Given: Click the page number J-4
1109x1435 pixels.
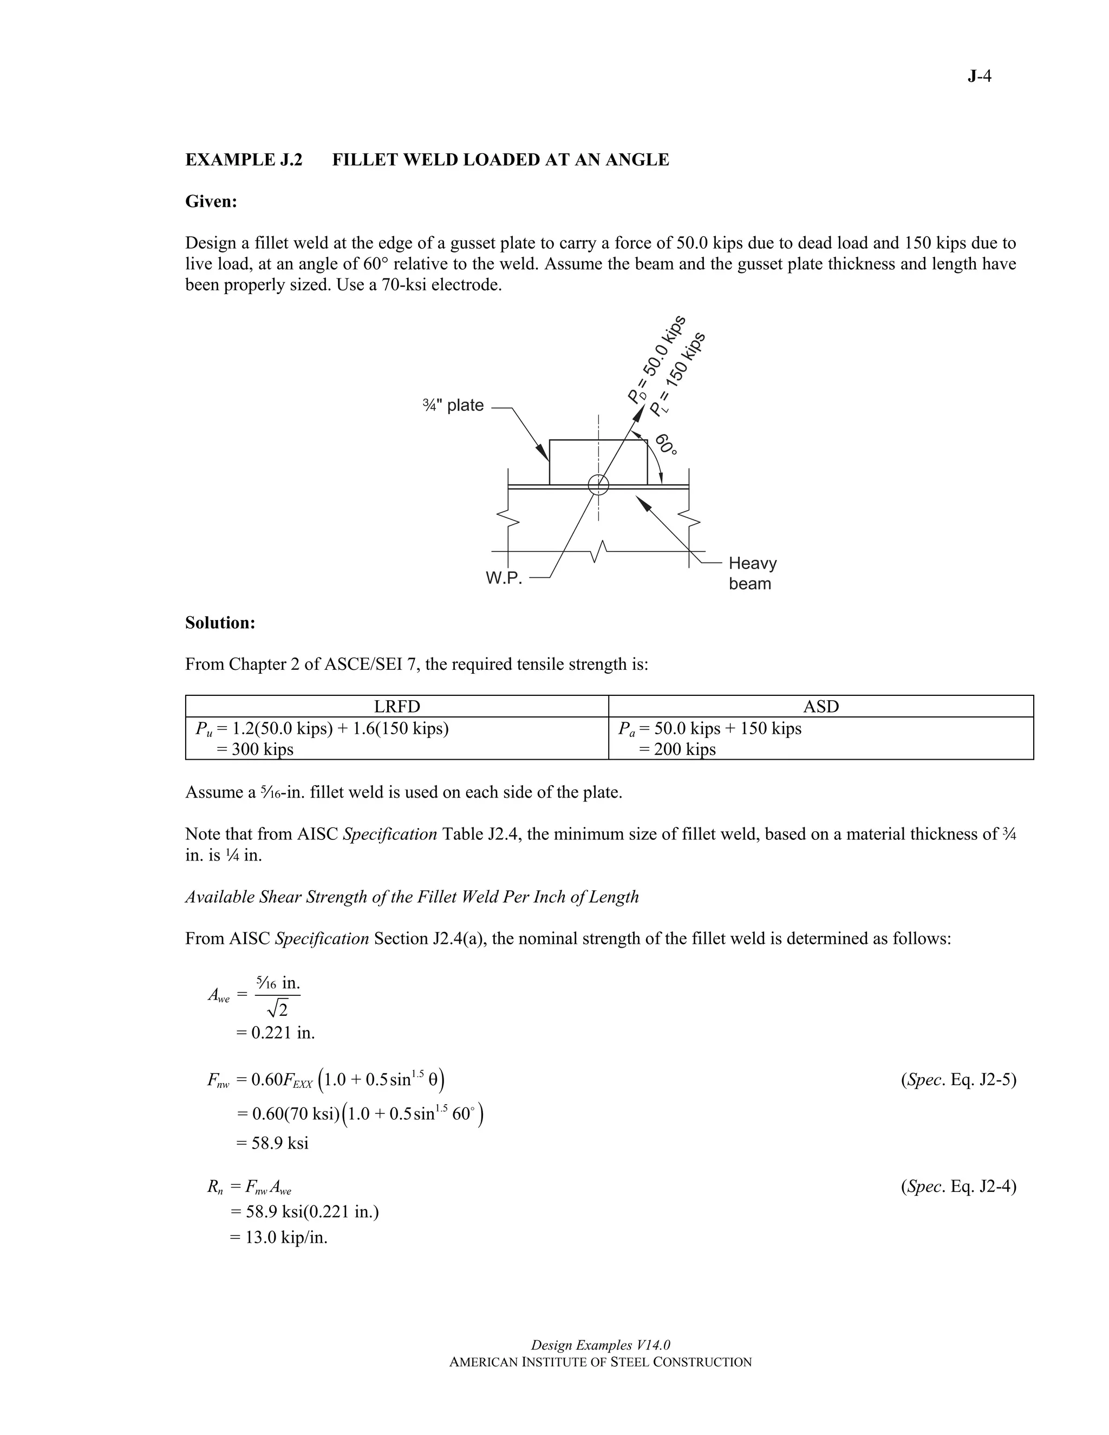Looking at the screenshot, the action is tap(979, 77).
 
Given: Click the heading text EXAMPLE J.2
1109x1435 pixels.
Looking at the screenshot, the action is tap(244, 160).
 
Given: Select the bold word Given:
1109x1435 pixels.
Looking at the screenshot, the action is tap(211, 202).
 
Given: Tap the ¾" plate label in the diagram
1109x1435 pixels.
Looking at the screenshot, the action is tap(453, 406).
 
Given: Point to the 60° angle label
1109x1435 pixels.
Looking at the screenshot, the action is tap(666, 444).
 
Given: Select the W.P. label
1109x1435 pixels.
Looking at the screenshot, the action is tap(504, 578).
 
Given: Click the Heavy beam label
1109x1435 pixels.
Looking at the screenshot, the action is tap(752, 573).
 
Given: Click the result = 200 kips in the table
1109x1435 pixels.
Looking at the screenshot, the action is tap(677, 749).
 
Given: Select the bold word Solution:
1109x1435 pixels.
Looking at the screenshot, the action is tap(220, 623).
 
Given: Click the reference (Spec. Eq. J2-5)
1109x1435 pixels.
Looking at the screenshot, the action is tap(958, 1080).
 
